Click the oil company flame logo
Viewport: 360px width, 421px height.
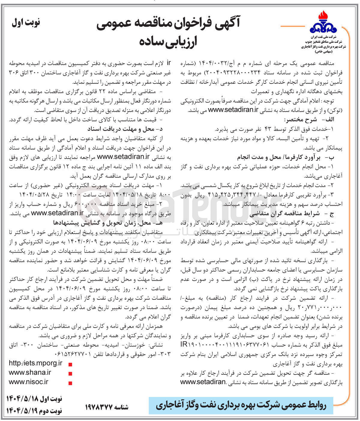[323, 23]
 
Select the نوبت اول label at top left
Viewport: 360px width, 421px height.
[26, 23]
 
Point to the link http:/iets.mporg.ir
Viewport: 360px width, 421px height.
[35, 363]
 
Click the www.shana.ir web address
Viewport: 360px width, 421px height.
[30, 372]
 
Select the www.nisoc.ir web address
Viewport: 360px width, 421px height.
[28, 382]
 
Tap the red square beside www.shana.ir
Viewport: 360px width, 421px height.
[70, 374]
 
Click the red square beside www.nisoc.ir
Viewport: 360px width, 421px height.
[70, 383]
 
